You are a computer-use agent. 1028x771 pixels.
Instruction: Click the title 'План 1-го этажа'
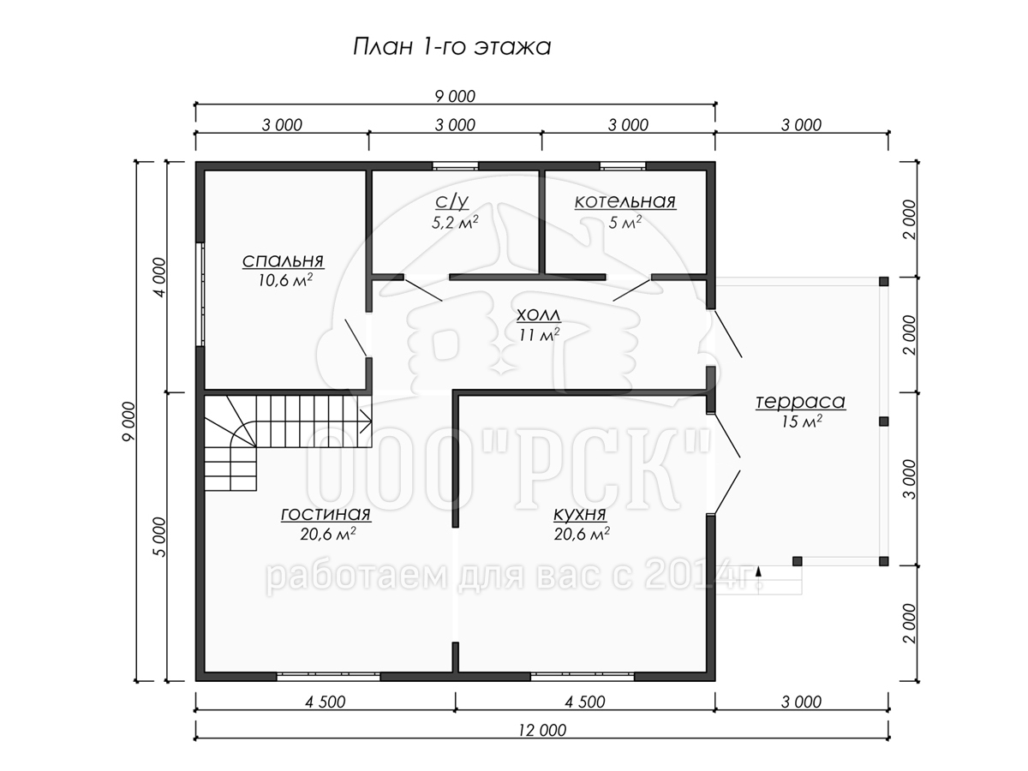pyautogui.click(x=451, y=47)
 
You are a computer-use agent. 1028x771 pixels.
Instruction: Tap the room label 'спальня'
pyautogui.click(x=283, y=260)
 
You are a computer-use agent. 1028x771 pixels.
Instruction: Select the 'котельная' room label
pyautogui.click(x=625, y=201)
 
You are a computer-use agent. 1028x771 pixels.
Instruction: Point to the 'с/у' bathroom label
pyautogui.click(x=452, y=202)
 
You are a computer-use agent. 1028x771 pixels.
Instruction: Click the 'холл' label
pyautogui.click(x=539, y=314)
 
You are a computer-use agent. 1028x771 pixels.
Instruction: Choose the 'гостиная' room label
pyautogui.click(x=326, y=514)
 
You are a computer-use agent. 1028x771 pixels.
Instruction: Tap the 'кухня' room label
pyautogui.click(x=580, y=515)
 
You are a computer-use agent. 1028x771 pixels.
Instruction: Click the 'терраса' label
pyautogui.click(x=800, y=402)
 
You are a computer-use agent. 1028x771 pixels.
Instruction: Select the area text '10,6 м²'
pyautogui.click(x=285, y=280)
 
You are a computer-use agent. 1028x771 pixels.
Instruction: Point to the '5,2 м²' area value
pyautogui.click(x=455, y=222)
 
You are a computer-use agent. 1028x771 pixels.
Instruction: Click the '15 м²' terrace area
pyautogui.click(x=801, y=421)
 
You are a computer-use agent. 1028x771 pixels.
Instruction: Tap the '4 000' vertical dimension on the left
pyautogui.click(x=159, y=277)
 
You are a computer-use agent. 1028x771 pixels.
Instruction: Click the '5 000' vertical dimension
pyautogui.click(x=159, y=537)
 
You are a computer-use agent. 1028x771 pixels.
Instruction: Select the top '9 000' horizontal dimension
pyautogui.click(x=455, y=97)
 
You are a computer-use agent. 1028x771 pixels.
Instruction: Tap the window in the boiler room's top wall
pyautogui.click(x=623, y=165)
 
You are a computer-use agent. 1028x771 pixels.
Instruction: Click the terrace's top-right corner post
pyautogui.click(x=883, y=281)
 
